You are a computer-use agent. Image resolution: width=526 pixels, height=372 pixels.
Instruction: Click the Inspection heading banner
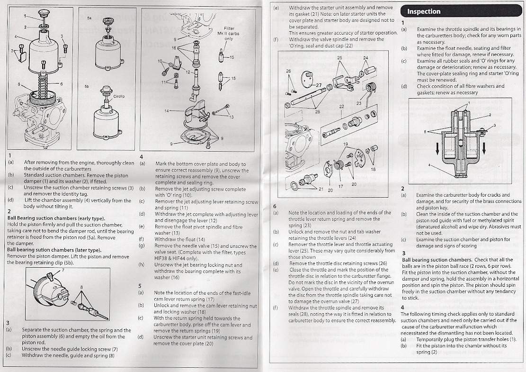pos(461,11)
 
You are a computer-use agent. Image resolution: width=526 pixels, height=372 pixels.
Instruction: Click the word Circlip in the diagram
pos(119,96)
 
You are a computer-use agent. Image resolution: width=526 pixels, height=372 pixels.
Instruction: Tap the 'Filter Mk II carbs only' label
pos(229,34)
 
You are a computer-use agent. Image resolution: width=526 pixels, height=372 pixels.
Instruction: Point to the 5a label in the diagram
pos(89,18)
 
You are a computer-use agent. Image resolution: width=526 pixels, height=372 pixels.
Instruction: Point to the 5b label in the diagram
pos(87,86)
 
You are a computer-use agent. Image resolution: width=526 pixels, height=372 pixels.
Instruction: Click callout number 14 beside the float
pos(166,111)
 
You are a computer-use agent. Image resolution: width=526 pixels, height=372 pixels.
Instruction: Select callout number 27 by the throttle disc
pos(318,85)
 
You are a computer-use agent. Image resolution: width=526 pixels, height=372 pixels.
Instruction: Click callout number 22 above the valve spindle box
pos(341,107)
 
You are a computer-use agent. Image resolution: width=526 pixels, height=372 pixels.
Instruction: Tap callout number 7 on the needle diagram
pos(62,270)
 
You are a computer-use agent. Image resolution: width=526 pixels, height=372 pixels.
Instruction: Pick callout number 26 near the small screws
pos(288,71)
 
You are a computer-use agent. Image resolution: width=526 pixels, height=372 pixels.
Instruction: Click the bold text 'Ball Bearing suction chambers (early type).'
pos(56,218)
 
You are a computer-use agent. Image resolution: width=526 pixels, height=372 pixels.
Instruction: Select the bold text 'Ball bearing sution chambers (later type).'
pos(54,250)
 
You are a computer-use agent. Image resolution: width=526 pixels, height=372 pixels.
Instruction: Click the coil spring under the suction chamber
pos(43,86)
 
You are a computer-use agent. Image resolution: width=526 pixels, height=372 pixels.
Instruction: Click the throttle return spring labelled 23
pos(369,91)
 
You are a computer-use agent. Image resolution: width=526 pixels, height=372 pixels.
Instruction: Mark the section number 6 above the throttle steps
pos(275,206)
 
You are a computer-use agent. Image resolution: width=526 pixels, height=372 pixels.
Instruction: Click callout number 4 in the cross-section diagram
pos(429,165)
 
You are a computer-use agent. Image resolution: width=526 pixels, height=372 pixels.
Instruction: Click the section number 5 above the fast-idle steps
pos(140,286)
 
